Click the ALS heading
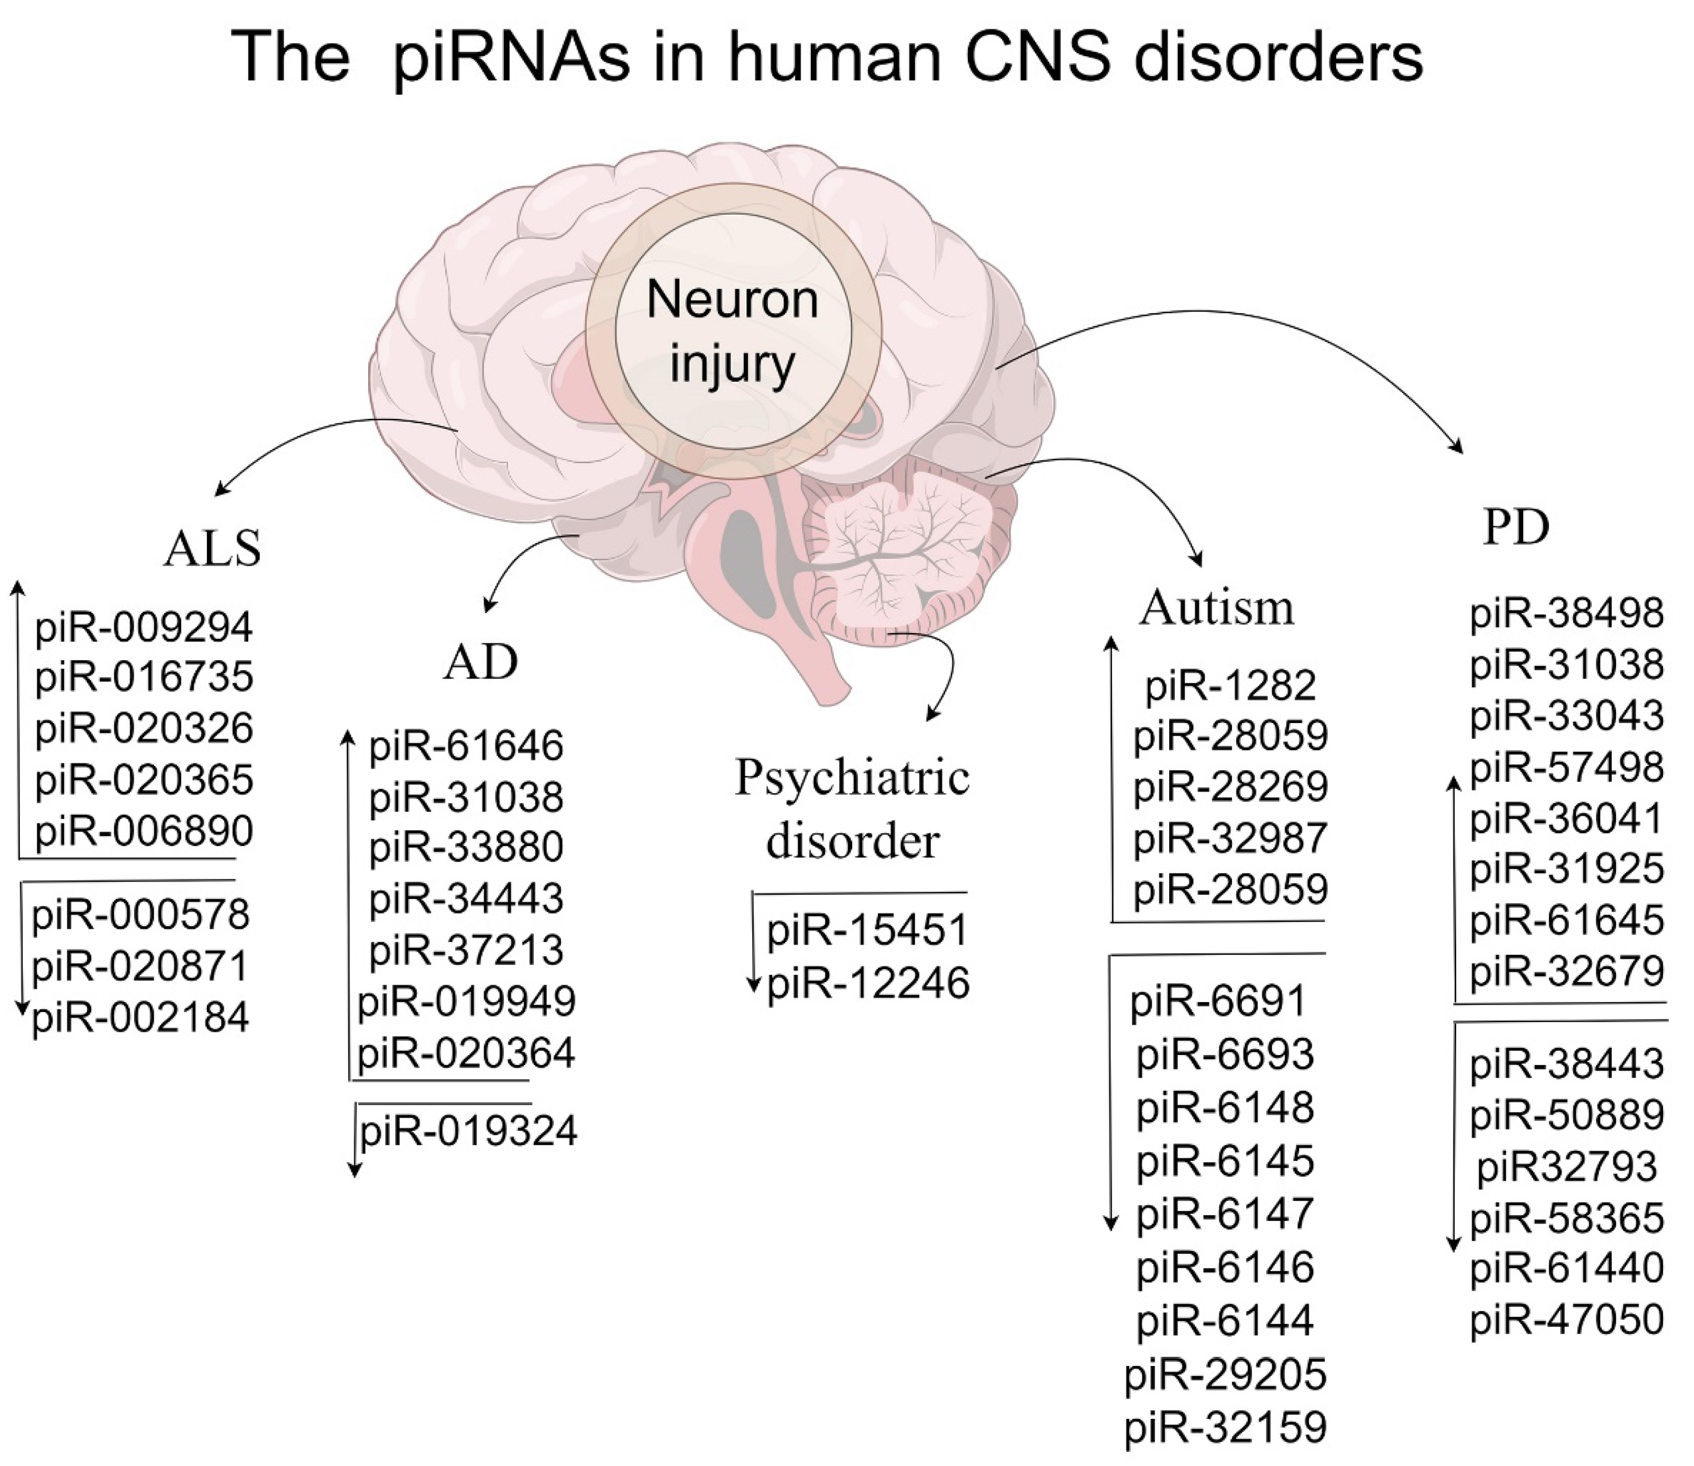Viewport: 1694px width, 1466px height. coord(212,548)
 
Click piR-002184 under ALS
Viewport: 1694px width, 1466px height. coord(141,1018)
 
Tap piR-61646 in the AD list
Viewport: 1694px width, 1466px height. coord(467,746)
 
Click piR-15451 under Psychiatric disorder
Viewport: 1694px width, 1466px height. coord(867,930)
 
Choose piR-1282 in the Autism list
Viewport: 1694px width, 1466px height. coord(1230,685)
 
